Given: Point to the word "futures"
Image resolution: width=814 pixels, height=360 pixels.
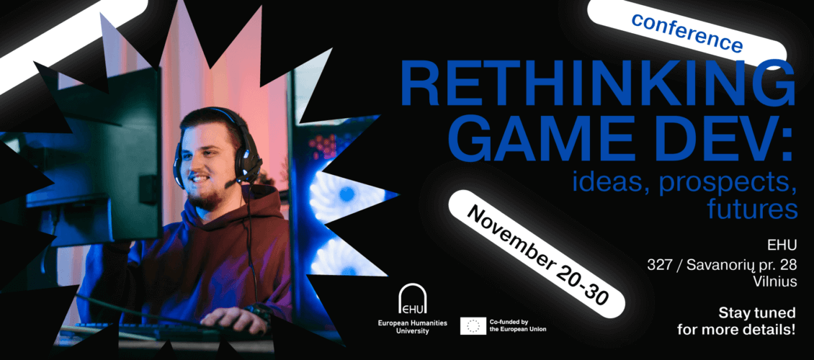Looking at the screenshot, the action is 752,209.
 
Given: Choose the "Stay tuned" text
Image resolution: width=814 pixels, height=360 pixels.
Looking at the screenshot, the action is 757,313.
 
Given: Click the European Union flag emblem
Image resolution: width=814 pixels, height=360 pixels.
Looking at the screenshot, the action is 473,325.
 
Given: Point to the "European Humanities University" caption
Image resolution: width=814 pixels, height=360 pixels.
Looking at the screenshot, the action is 412,327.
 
